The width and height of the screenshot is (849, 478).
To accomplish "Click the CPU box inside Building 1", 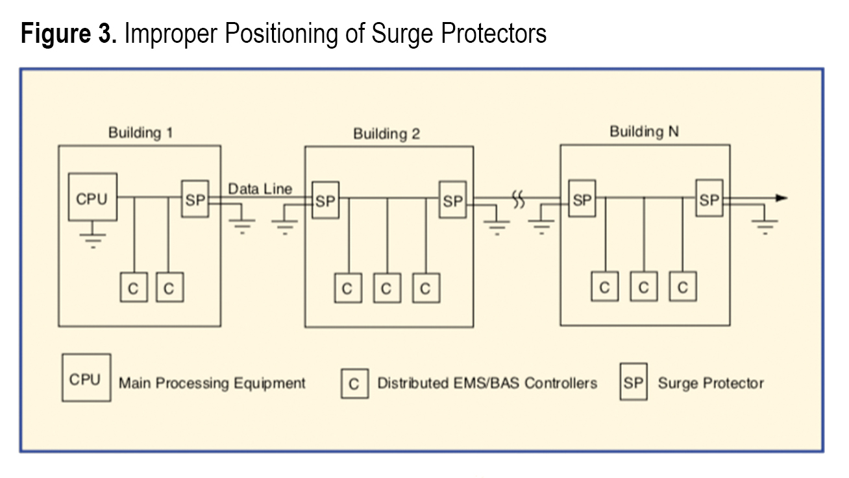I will point(93,197).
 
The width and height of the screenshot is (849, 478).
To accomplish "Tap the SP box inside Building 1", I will point(195,198).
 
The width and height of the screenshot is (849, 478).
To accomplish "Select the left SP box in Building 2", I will point(325,200).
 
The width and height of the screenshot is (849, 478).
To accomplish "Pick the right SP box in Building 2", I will point(452,200).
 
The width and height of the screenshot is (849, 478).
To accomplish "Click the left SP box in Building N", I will point(582,198).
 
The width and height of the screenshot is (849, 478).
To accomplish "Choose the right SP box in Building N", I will point(709,198).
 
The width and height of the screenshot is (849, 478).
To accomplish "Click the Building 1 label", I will point(140,133).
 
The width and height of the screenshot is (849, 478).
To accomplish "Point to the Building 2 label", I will point(386,134).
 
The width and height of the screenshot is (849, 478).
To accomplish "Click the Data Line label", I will point(260,189).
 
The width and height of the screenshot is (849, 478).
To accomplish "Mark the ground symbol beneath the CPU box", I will point(93,238).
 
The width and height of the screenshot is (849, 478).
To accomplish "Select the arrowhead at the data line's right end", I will point(781,198).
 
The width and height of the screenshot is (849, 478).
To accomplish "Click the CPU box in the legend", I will point(86,379).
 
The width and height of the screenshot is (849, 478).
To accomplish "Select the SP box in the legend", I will point(633,383).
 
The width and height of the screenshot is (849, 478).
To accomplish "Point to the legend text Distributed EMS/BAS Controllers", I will point(487,383).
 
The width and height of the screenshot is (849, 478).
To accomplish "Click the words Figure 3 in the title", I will point(69,34).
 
